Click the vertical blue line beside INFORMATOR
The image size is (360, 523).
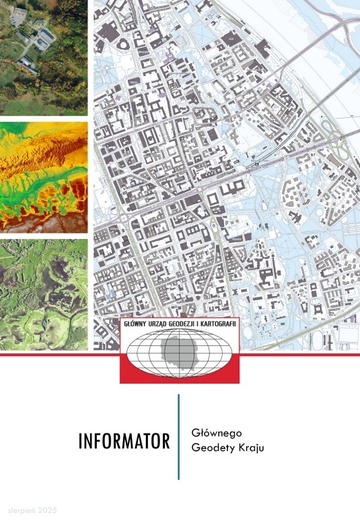(179, 437)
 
